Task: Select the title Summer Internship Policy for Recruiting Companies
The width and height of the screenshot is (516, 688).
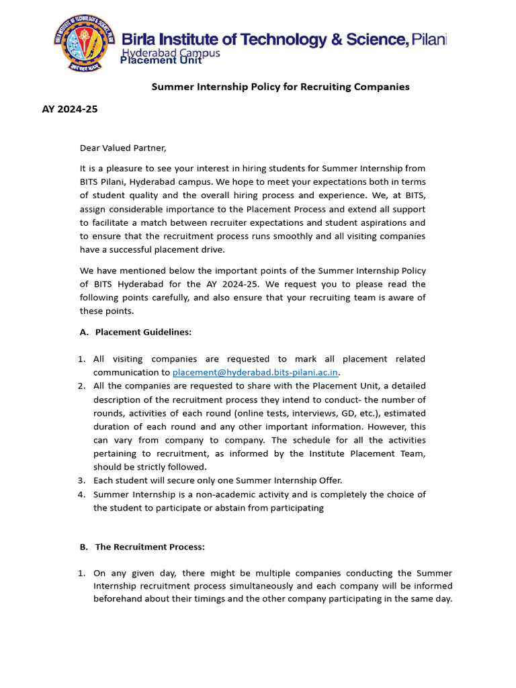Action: pyautogui.click(x=280, y=87)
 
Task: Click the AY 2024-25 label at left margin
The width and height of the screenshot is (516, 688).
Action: pyautogui.click(x=70, y=109)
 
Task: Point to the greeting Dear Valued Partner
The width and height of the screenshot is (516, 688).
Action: pyautogui.click(x=123, y=148)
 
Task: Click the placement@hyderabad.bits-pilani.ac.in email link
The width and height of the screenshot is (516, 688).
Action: pyautogui.click(x=255, y=372)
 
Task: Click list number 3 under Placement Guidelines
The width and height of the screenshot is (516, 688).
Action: pyautogui.click(x=81, y=480)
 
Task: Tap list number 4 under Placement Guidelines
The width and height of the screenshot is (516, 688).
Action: pyautogui.click(x=81, y=494)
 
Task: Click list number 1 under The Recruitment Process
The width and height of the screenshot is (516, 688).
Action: pyautogui.click(x=81, y=573)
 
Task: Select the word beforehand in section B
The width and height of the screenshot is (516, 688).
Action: pyautogui.click(x=116, y=599)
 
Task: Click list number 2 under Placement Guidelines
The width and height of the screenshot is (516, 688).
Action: pyautogui.click(x=81, y=386)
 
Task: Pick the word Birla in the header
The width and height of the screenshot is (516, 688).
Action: pyautogui.click(x=140, y=40)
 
